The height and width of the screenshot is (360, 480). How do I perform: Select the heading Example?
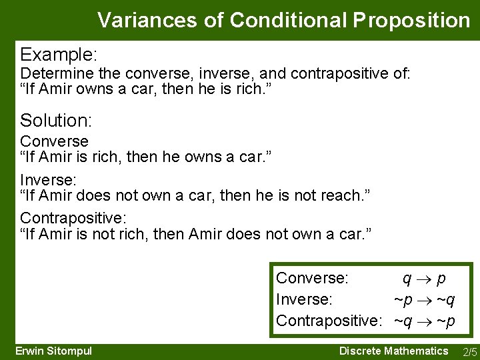[59, 53]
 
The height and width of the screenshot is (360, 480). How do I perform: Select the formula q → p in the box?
[423, 277]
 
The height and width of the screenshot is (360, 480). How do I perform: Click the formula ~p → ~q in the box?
[424, 299]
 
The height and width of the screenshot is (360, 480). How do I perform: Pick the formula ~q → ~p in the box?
[424, 321]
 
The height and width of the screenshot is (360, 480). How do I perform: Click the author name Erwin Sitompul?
[53, 351]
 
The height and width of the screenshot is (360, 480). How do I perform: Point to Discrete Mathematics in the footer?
[393, 351]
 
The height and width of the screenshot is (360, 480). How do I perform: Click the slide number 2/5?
[469, 352]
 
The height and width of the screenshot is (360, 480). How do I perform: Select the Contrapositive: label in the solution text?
[73, 218]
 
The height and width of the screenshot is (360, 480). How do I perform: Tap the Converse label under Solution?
[54, 141]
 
